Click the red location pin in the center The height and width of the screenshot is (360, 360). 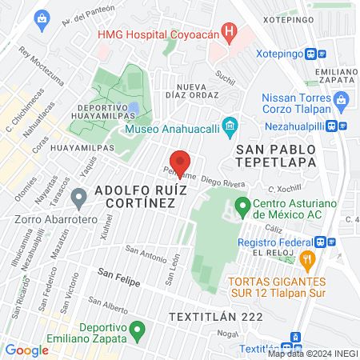[x=181, y=162]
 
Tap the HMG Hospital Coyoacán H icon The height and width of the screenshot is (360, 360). [x=230, y=34]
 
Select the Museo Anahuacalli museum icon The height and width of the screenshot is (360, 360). [x=230, y=125]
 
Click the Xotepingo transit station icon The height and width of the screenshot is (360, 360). [x=322, y=54]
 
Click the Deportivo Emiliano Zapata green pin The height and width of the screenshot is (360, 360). [x=137, y=329]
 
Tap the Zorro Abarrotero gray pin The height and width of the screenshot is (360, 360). [x=78, y=196]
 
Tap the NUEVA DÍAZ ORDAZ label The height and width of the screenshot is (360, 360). [x=186, y=91]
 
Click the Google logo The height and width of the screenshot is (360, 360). [x=26, y=350]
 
